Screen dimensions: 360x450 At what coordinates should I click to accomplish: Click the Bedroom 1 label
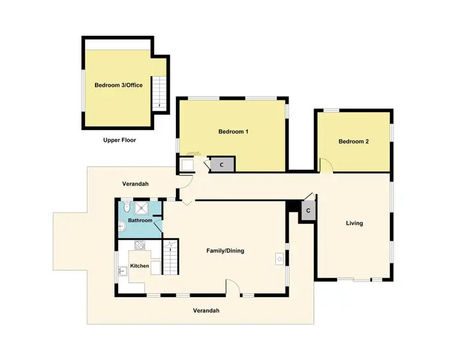(x=233, y=131)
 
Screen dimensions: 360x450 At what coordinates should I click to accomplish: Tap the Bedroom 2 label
(x=353, y=142)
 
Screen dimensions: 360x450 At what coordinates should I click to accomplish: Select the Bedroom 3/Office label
(x=118, y=85)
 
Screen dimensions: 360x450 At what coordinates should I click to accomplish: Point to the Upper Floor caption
(x=119, y=140)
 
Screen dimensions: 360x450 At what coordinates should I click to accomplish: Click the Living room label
(x=354, y=223)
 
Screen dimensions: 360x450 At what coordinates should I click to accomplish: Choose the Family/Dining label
(x=225, y=251)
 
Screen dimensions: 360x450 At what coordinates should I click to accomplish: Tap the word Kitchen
(x=140, y=266)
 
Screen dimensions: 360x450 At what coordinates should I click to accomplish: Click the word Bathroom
(x=140, y=220)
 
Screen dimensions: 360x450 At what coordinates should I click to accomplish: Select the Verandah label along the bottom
(x=206, y=311)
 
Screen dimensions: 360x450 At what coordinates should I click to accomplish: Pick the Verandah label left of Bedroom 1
(x=135, y=184)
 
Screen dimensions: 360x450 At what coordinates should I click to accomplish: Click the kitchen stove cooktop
(x=140, y=245)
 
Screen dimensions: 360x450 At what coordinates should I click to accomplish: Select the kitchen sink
(x=122, y=271)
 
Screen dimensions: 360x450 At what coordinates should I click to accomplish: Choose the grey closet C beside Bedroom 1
(x=221, y=164)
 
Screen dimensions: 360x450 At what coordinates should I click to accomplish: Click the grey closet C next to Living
(x=308, y=211)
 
